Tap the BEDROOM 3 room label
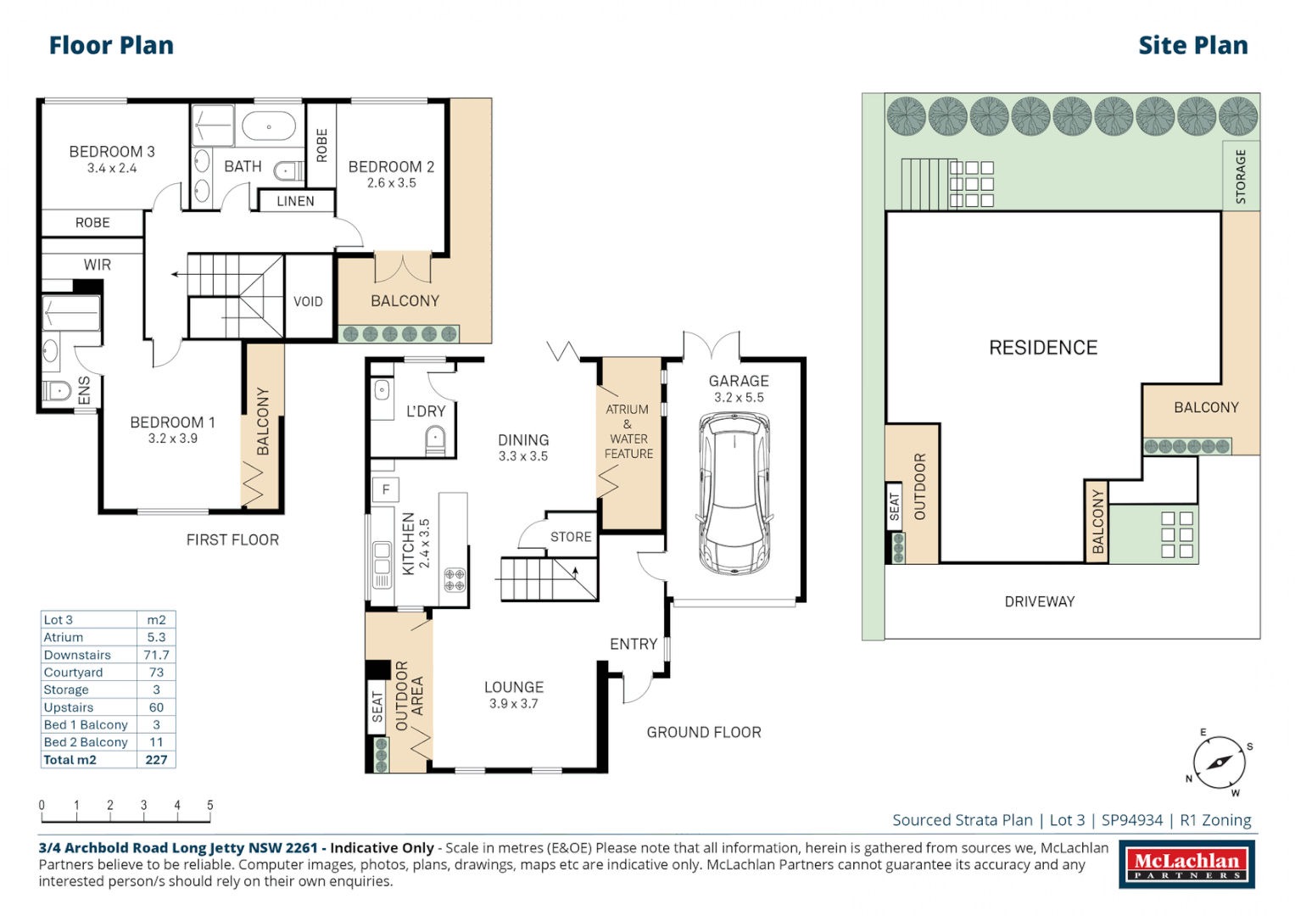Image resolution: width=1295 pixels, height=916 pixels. click(112, 152)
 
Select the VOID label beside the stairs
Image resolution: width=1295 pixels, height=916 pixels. click(308, 301)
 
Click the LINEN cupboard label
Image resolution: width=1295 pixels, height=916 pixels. click(295, 201)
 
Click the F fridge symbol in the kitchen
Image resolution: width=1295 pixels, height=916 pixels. click(386, 489)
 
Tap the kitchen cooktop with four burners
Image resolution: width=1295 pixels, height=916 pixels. click(455, 580)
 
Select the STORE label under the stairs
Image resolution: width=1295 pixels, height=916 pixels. click(571, 537)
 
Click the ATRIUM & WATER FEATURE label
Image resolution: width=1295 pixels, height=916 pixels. click(628, 432)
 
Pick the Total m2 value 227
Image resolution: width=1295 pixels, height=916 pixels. click(156, 760)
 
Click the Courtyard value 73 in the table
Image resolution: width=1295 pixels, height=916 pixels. click(156, 673)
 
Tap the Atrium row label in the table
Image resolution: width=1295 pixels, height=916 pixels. click(64, 637)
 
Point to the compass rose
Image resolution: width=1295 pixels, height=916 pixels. click(1220, 762)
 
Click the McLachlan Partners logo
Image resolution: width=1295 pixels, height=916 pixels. click(1186, 865)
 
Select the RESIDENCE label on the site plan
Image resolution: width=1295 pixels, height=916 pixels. click(1043, 348)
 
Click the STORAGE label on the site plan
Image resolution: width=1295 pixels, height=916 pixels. click(1241, 176)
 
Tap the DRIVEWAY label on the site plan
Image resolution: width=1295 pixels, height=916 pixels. click(1040, 601)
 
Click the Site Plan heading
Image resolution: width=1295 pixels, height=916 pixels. click(1192, 45)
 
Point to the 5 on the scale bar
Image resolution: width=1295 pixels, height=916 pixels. click(210, 805)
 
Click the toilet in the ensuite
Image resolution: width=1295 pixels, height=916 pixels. click(57, 391)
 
